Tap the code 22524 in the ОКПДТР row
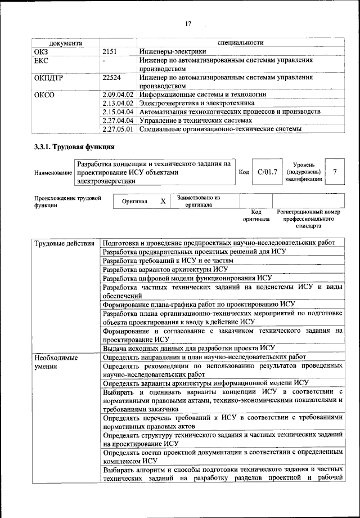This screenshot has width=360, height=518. click(112, 78)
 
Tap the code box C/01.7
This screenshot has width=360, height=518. click(267, 172)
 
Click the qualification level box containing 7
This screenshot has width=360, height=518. click(336, 172)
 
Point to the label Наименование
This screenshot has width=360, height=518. click(53, 172)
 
